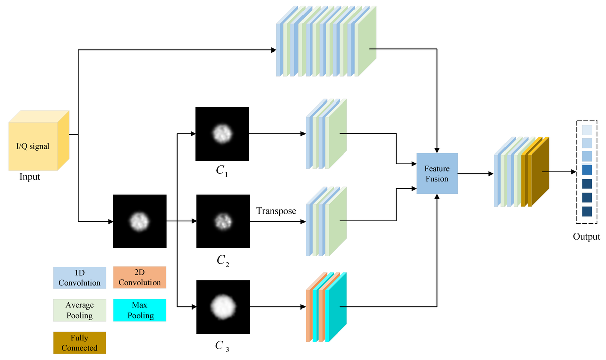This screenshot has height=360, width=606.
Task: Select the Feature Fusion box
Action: coord(436,173)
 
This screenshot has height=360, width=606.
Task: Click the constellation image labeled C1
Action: coord(223,134)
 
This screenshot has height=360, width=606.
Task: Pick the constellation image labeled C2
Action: coord(223,221)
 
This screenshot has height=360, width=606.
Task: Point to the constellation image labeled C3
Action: coord(223,306)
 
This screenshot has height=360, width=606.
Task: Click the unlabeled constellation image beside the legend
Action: coord(139,221)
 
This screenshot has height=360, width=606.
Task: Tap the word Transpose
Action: coord(276,210)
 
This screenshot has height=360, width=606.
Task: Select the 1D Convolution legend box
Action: coord(79,278)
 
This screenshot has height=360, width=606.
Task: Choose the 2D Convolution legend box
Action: coord(139,278)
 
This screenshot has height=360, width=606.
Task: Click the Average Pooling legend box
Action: coord(79,310)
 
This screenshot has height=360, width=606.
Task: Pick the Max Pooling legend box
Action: coord(139,310)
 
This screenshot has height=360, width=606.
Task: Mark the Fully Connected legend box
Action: coord(79,342)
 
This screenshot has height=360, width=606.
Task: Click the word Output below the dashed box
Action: coord(586,237)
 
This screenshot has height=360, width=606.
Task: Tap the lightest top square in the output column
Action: coord(586,130)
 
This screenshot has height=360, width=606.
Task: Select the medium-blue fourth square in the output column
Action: coord(586,170)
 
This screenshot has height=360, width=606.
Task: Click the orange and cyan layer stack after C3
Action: coord(326,308)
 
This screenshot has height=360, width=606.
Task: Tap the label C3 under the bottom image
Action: coord(223,346)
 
